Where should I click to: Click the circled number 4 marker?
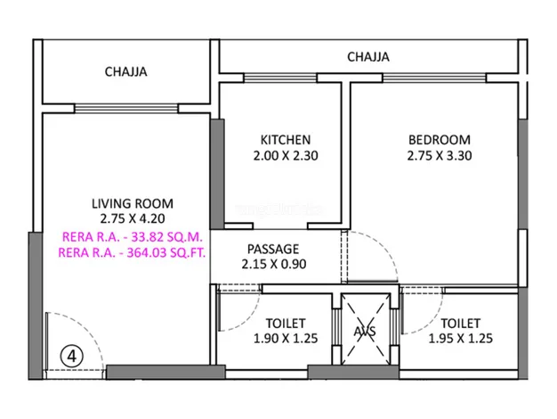point(72,356)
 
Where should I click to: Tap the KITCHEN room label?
point(286,140)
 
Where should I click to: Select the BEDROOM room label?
point(440,140)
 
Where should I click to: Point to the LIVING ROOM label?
point(133,203)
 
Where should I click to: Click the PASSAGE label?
point(273,249)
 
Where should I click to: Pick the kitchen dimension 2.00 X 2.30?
point(286,156)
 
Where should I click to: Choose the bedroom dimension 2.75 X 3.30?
point(440,156)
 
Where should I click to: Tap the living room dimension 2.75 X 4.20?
point(133,218)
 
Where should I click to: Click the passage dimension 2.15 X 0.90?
point(274,264)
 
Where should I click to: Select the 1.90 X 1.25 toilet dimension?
point(286,338)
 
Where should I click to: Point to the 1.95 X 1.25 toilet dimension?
point(461,338)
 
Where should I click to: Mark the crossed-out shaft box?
point(366,329)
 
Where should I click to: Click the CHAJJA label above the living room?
point(125,72)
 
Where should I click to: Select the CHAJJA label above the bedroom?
point(368,57)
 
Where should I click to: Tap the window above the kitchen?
point(280,78)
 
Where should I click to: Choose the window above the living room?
point(126,109)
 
